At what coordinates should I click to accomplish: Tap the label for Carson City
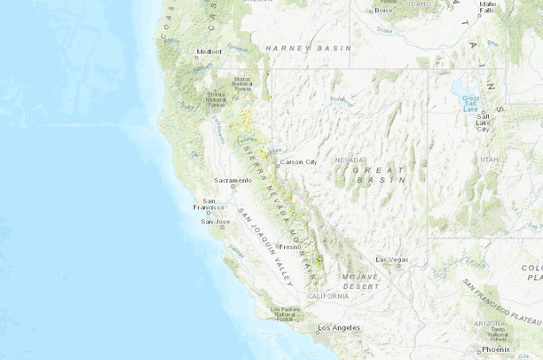298,162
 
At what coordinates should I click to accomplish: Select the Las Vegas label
390,259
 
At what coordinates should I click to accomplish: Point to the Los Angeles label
339,327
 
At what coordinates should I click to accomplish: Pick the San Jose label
216,221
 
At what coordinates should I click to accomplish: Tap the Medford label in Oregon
209,51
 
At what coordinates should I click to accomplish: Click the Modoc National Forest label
242,83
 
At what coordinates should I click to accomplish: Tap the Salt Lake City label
484,121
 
